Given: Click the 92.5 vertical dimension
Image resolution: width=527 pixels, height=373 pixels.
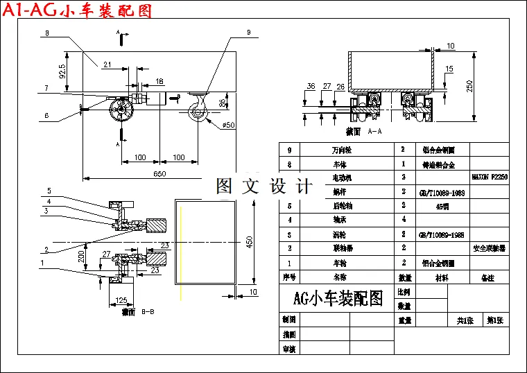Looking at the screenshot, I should tap(63, 71).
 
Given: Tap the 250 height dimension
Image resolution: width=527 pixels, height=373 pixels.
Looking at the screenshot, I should tap(469, 86).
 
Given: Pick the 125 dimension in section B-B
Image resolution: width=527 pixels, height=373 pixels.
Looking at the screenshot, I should tap(121, 301).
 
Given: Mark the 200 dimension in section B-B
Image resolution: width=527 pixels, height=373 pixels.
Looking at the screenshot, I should tap(82, 257).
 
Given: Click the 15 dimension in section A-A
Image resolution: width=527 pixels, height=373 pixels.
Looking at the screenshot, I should tap(449, 68).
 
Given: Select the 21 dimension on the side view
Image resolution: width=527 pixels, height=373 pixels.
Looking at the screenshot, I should tap(107, 64).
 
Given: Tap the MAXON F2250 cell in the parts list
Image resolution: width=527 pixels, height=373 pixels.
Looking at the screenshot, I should tap(490, 177).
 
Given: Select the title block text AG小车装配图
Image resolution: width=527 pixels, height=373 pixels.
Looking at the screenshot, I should tap(338, 299).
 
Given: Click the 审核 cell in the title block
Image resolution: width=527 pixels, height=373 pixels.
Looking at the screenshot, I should tap(289, 349).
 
